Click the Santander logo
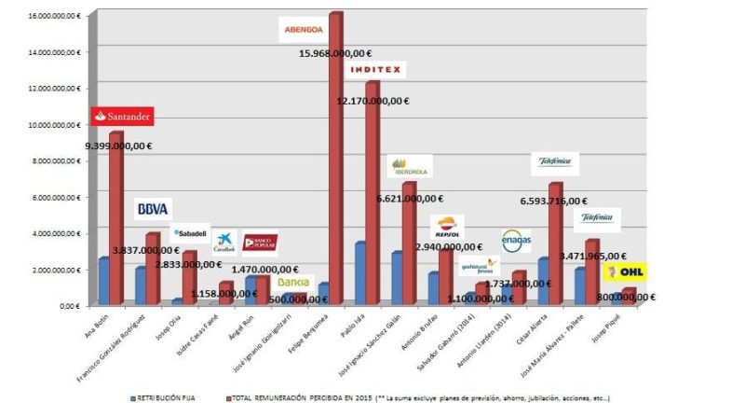click(x=122, y=117)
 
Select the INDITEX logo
click(x=375, y=69)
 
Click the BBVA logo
click(x=153, y=209)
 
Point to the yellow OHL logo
click(x=624, y=271)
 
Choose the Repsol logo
click(x=447, y=227)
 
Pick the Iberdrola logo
click(x=411, y=167)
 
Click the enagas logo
click(x=516, y=241)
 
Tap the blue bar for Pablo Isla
click(x=359, y=273)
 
